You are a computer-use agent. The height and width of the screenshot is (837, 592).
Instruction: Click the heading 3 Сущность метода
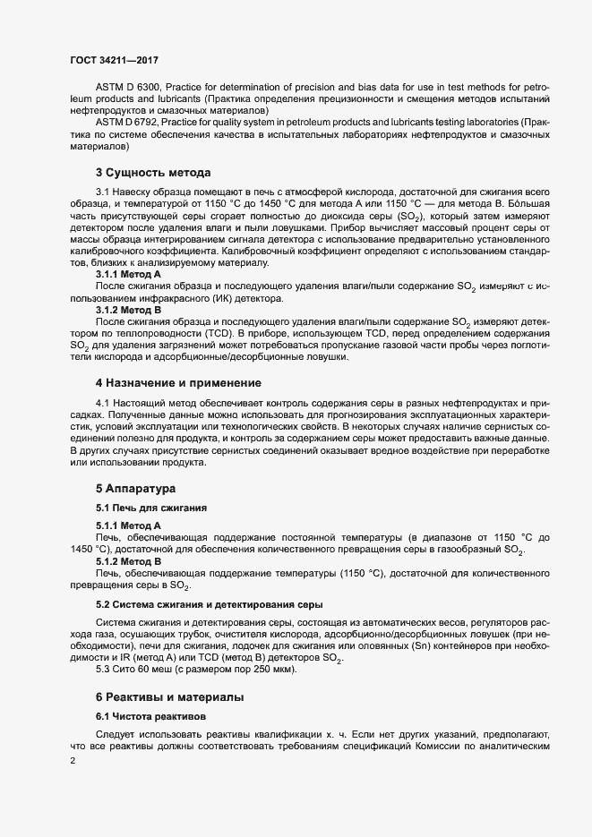click(x=152, y=172)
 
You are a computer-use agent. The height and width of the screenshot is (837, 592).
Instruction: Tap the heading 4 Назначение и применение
click(x=173, y=383)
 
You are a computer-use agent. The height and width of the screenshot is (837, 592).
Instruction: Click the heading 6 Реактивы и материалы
click(x=169, y=696)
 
